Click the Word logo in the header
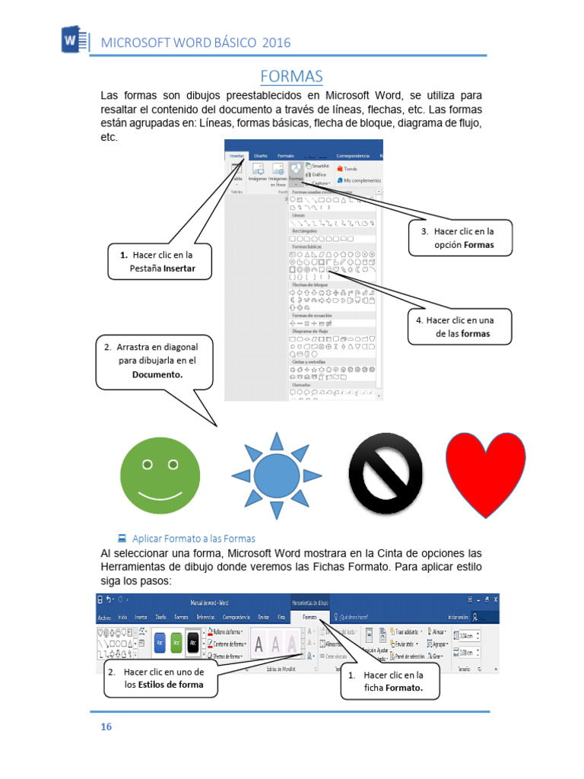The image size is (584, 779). pos(71,40)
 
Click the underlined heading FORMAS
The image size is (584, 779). pos(291,77)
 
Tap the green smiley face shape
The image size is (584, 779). pos(159,473)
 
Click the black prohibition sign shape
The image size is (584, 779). pos(385,474)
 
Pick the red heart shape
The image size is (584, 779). pos(485,471)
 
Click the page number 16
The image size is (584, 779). pos(106,727)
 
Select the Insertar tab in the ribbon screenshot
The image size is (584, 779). pos(237,155)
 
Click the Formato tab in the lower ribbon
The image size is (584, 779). pos(309,617)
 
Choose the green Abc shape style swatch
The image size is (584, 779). pos(176,642)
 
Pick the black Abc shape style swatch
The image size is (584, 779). pos(193,642)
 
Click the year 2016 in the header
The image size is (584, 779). pos(276,43)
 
